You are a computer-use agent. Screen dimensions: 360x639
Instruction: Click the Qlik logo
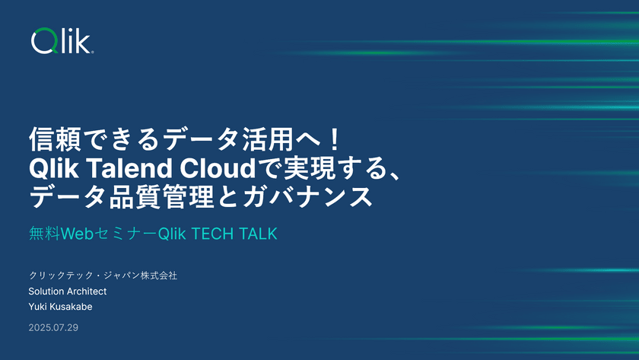point(62,41)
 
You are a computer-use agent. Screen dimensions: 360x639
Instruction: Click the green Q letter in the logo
point(42,42)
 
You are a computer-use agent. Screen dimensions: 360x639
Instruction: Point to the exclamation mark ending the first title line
point(340,139)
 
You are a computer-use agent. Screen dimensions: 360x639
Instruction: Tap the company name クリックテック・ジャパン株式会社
point(103,276)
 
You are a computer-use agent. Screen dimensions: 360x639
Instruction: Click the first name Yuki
point(39,307)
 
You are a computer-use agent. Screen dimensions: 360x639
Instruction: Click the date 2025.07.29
point(53,328)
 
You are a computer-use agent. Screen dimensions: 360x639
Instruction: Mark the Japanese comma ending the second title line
point(390,174)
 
